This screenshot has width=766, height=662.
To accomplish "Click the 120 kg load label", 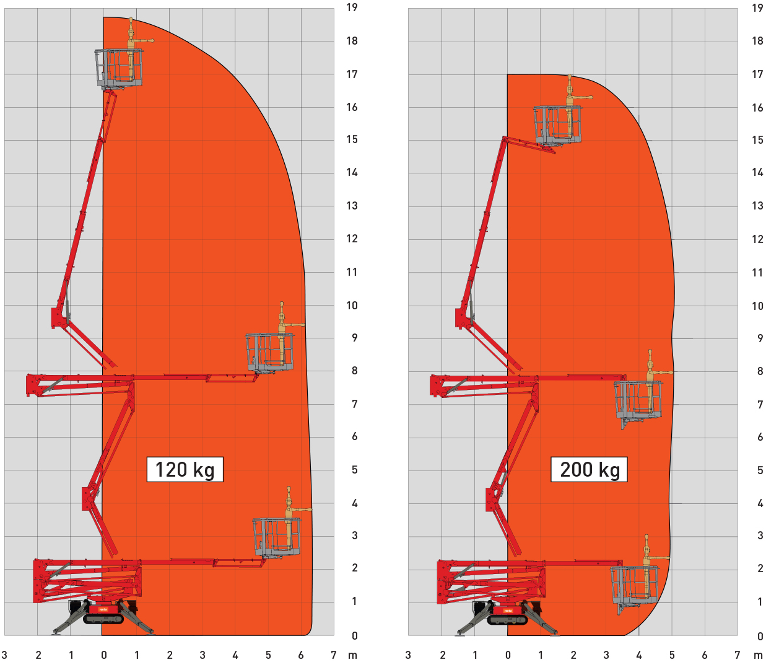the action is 185,469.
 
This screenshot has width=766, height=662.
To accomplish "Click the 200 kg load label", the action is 589,469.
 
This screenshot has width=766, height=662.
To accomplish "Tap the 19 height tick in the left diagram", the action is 352,7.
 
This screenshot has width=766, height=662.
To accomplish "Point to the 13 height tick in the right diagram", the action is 757,206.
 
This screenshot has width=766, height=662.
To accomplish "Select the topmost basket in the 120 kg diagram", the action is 119,68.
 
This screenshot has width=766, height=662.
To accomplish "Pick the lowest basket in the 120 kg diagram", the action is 277,537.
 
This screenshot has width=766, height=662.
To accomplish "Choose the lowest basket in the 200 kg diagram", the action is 635,587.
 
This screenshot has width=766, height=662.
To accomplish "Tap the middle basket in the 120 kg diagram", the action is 270,352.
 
